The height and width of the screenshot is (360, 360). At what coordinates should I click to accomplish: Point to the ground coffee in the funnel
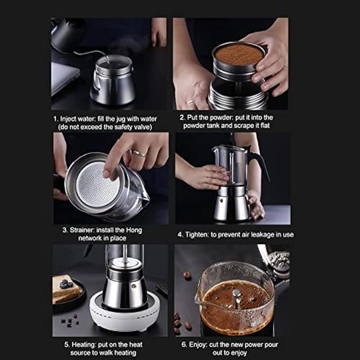coord(238,54)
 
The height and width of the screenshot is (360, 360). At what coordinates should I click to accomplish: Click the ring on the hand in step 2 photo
coord(190,103)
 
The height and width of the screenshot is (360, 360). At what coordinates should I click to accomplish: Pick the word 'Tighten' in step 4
coord(200,234)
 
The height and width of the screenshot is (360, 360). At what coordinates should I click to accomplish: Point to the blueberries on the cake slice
coord(66,284)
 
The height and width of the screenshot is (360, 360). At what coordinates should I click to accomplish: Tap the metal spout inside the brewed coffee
coord(237,299)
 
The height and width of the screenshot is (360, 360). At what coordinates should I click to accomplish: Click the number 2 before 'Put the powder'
coord(182,117)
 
